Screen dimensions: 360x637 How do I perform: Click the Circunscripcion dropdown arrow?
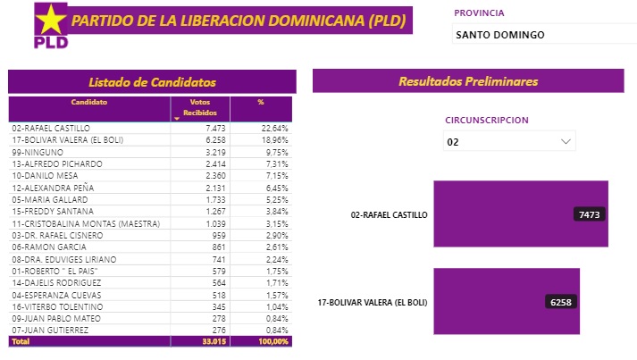565,141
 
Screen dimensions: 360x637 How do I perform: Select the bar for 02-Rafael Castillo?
520,214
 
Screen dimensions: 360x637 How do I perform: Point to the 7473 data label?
590,214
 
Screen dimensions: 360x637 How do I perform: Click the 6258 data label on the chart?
561,302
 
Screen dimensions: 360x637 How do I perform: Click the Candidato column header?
89,103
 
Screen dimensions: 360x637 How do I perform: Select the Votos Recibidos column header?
199,107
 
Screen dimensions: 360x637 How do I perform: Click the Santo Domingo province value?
499,35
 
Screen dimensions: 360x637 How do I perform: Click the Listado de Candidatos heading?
151,81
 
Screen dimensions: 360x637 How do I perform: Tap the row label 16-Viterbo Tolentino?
53,306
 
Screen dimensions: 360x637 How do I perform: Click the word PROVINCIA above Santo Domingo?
479,13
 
